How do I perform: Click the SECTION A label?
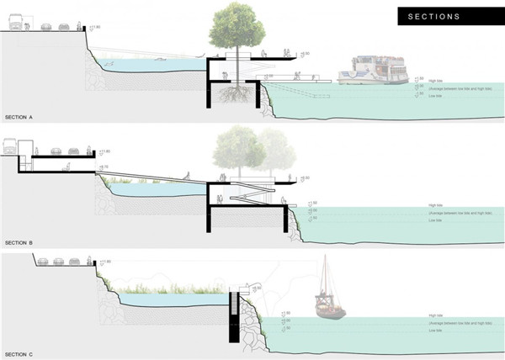tap(19, 117)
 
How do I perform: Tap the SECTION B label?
tap(19, 242)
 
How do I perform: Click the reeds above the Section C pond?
tap(168, 291)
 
